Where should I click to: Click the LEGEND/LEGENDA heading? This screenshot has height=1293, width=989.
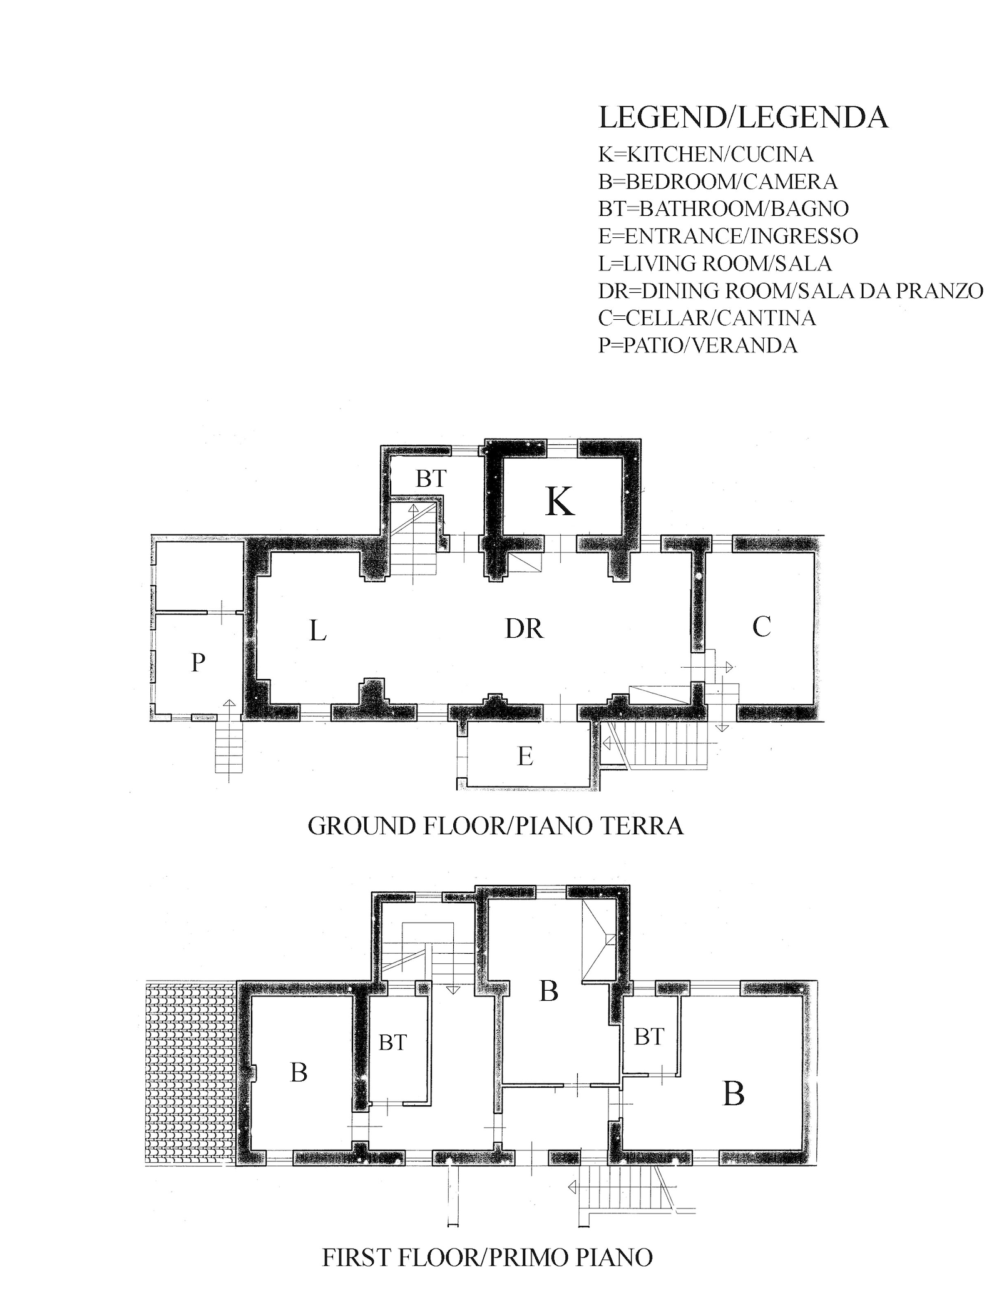click(x=744, y=118)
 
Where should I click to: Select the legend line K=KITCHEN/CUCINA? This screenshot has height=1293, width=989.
click(x=706, y=154)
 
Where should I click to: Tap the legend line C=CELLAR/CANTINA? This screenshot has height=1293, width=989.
click(x=707, y=318)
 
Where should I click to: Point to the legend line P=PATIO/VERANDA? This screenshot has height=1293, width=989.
click(x=698, y=345)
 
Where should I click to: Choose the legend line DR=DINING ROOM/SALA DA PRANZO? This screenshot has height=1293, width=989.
click(x=791, y=291)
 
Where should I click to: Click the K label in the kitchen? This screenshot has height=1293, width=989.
click(x=560, y=502)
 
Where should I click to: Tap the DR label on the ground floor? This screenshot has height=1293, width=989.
click(x=525, y=628)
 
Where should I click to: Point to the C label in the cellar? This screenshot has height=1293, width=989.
click(x=761, y=626)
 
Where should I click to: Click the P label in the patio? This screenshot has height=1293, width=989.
click(x=198, y=662)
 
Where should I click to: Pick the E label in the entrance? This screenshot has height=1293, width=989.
click(x=525, y=757)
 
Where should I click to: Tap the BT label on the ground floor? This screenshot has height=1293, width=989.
click(x=431, y=479)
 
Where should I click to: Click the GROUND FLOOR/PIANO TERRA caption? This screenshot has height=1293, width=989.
click(x=495, y=826)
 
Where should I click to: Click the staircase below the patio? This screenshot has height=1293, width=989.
click(x=228, y=748)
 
